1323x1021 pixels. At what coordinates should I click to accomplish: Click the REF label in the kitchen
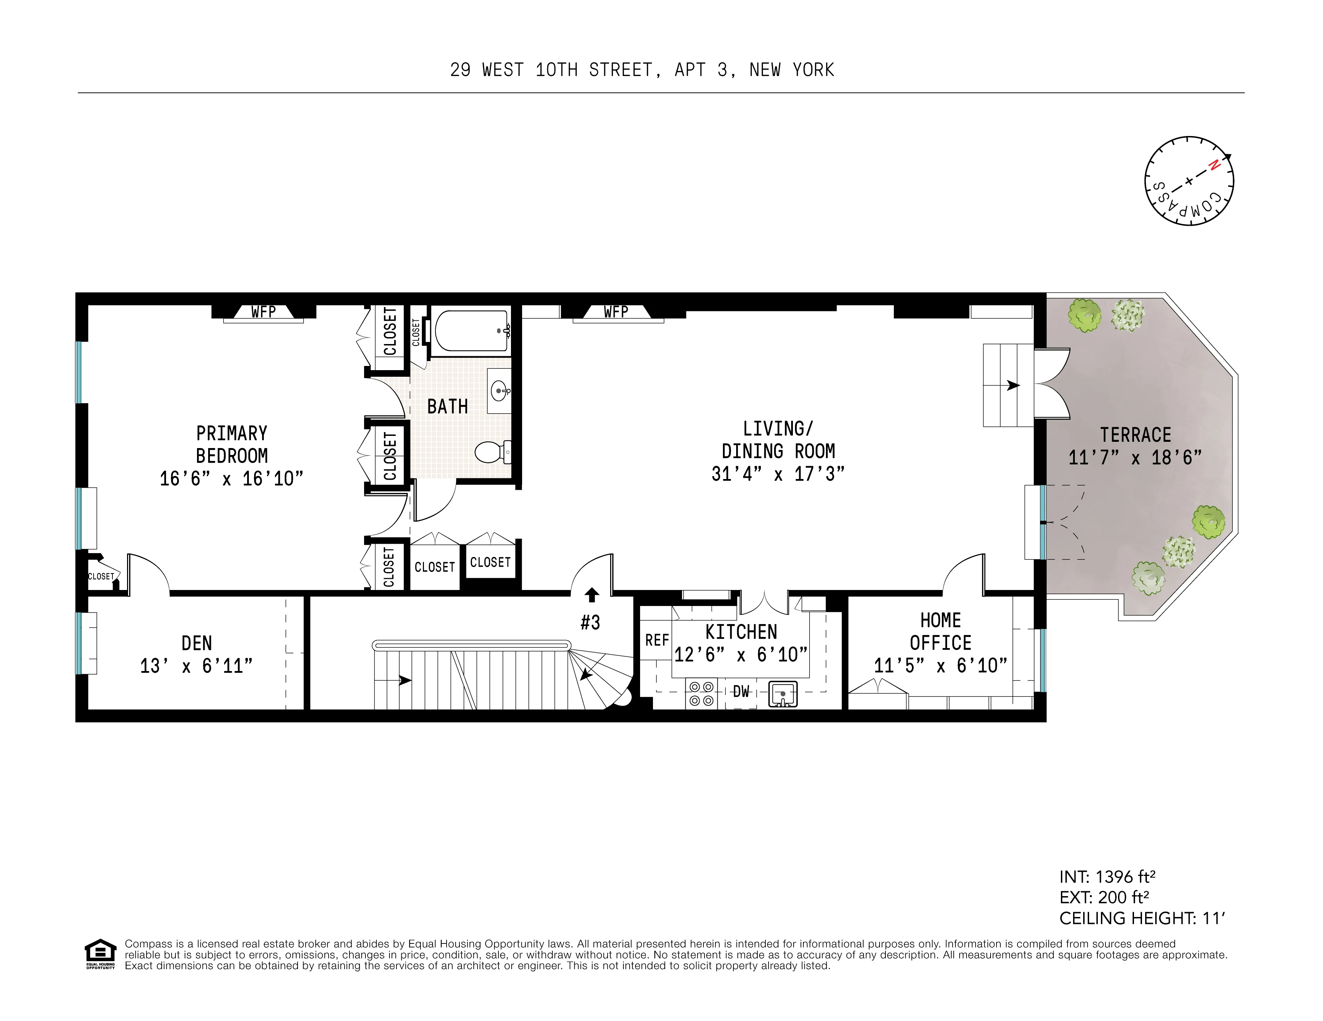[657, 640]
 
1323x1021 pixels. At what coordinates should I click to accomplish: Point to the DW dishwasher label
[741, 691]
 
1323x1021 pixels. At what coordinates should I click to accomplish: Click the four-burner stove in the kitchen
[701, 693]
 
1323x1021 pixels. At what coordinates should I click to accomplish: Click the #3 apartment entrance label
[591, 622]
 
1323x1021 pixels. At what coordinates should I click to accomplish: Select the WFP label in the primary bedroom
[263, 312]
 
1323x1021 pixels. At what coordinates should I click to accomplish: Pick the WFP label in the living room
[616, 312]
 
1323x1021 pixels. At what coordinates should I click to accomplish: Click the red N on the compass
[1213, 165]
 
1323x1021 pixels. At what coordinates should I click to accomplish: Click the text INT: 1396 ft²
[1107, 876]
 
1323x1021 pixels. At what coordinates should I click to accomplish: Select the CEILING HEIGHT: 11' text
[1142, 918]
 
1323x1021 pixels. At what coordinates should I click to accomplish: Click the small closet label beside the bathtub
[416, 332]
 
